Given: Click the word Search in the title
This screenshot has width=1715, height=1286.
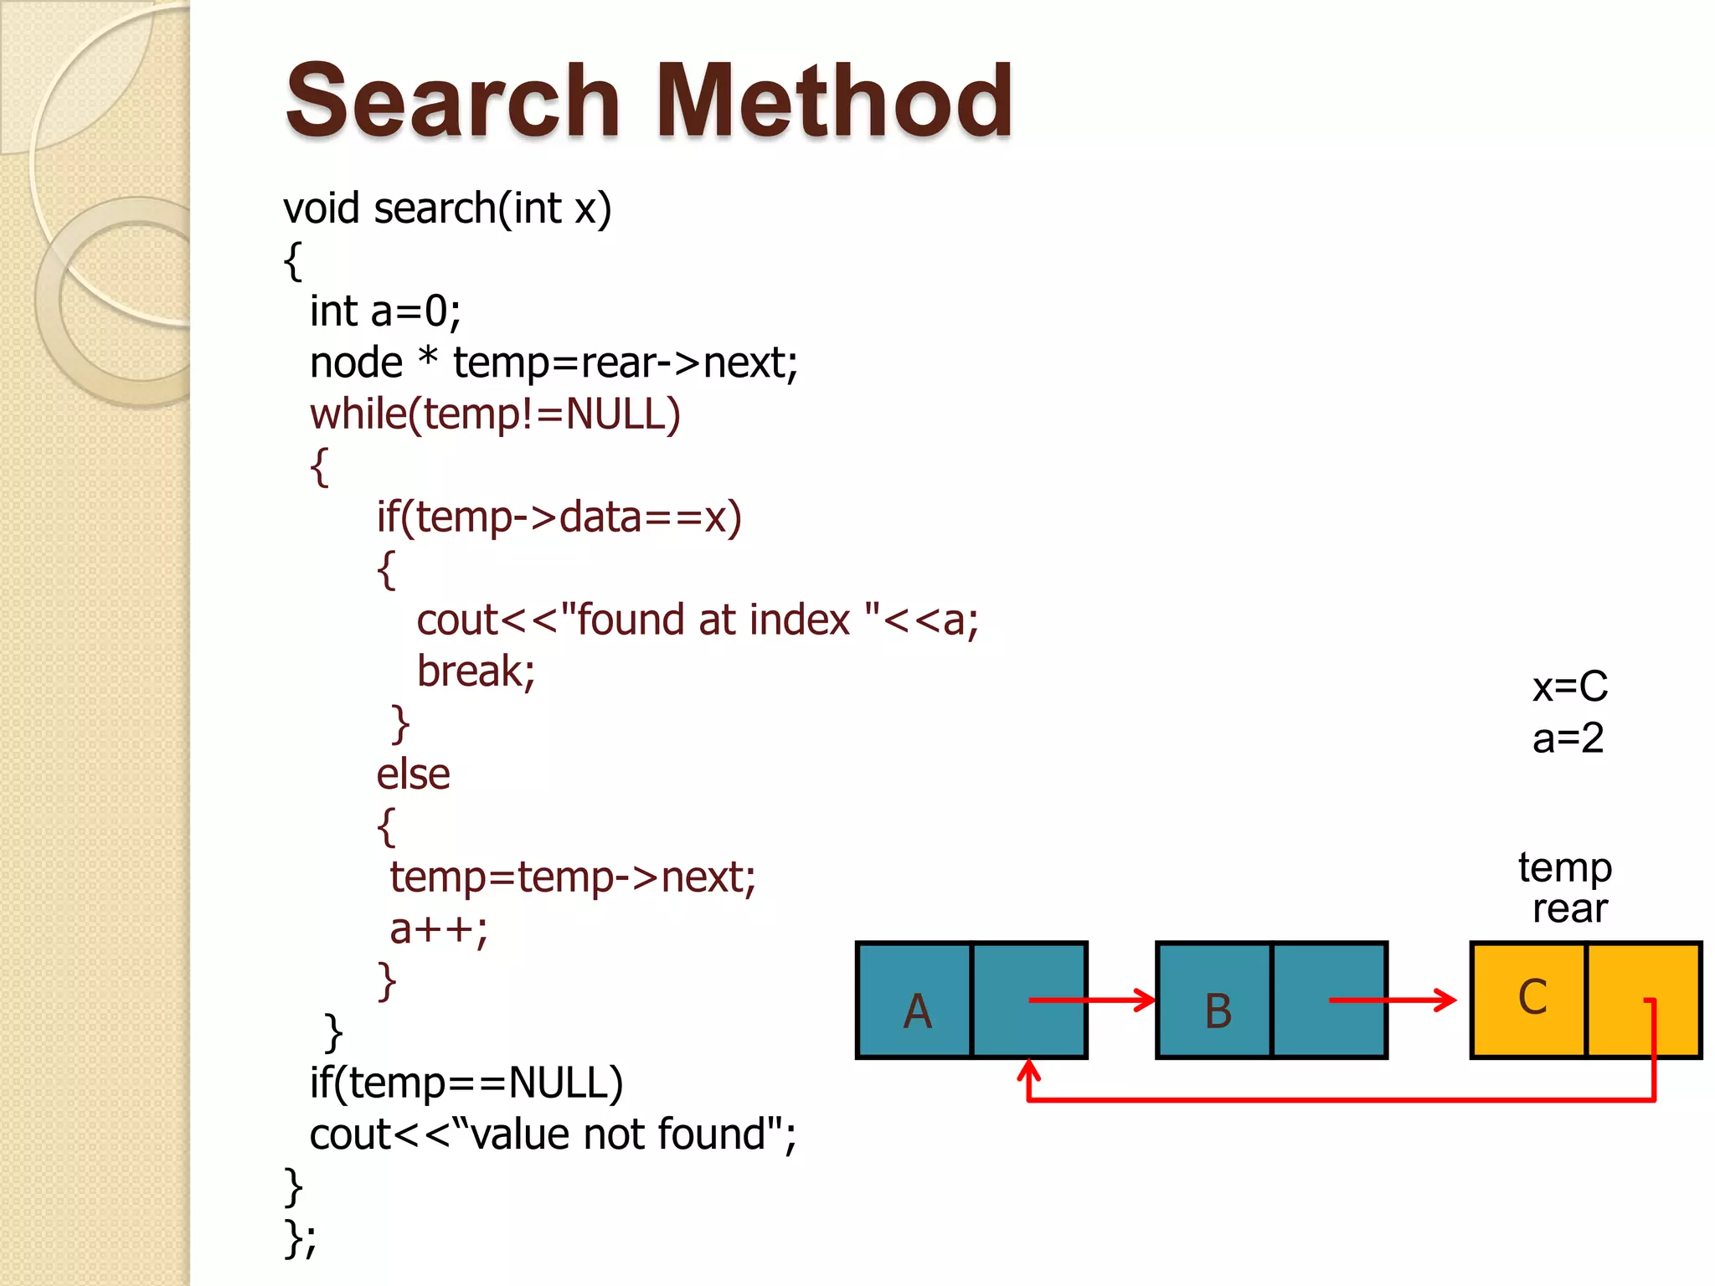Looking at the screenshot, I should [x=452, y=102].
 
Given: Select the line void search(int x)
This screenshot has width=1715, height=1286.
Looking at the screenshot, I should [x=447, y=208].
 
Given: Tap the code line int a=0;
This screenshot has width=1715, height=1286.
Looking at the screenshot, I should [x=385, y=312].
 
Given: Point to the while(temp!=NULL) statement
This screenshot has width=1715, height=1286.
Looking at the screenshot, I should [x=495, y=414].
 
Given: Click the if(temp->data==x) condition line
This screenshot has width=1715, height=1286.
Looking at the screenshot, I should [x=559, y=517].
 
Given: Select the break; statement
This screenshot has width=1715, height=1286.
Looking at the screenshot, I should [x=476, y=671].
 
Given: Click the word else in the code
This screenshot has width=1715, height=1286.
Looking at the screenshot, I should [x=413, y=774].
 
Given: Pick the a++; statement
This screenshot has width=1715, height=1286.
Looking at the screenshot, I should [x=439, y=929].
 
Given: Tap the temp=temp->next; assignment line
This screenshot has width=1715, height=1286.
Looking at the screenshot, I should [x=573, y=877].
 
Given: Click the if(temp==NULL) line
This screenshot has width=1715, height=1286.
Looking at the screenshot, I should [x=466, y=1083].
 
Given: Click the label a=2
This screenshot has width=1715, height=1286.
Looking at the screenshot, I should [x=1568, y=738].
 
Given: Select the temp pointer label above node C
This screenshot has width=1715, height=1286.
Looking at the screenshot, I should [x=1564, y=868].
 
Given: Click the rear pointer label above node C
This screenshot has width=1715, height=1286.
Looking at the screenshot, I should [x=1569, y=908].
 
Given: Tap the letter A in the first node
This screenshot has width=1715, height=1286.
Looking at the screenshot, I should [x=917, y=1011].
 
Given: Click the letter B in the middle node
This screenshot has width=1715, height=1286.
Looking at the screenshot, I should [x=1218, y=1011].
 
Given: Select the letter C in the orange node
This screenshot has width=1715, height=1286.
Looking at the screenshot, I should [x=1532, y=998].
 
